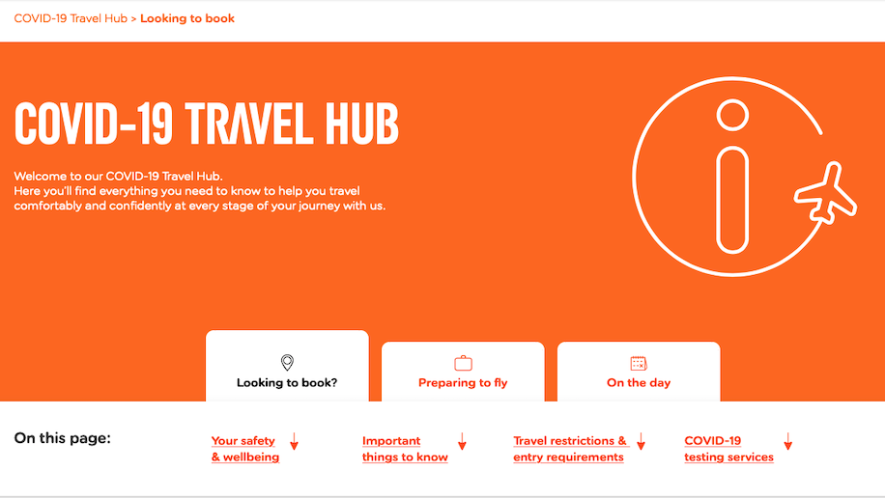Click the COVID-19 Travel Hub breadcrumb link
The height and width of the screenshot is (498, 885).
click(x=71, y=18)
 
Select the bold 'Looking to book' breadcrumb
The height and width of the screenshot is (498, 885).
click(x=187, y=18)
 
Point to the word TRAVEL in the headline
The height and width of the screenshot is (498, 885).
click(x=248, y=124)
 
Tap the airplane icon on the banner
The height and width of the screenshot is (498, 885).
click(x=826, y=193)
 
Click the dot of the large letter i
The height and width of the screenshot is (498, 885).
click(x=732, y=115)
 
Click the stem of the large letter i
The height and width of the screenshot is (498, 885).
click(x=732, y=201)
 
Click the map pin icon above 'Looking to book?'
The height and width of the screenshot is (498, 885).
click(x=287, y=362)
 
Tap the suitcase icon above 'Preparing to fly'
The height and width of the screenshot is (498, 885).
click(x=463, y=363)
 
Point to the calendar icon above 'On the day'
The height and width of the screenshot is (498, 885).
click(x=639, y=363)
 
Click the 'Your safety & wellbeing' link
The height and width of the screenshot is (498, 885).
click(x=245, y=449)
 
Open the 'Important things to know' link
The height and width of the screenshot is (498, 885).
click(x=405, y=449)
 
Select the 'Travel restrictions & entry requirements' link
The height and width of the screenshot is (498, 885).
click(x=570, y=449)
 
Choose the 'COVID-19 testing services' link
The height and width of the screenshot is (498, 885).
click(x=728, y=449)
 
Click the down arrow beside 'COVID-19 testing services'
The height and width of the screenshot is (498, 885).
click(x=788, y=441)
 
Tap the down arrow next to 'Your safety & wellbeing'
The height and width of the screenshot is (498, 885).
click(x=294, y=441)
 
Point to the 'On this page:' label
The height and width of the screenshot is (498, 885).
click(x=63, y=438)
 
